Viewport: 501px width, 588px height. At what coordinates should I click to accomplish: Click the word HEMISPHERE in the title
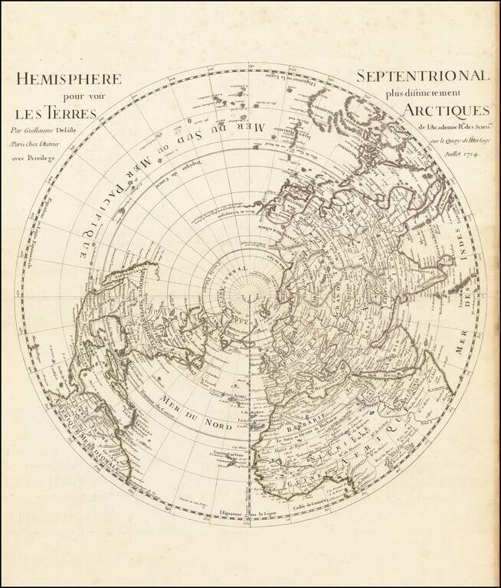pyautogui.click(x=69, y=79)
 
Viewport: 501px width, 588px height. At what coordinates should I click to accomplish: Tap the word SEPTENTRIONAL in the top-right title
pyautogui.click(x=423, y=77)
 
